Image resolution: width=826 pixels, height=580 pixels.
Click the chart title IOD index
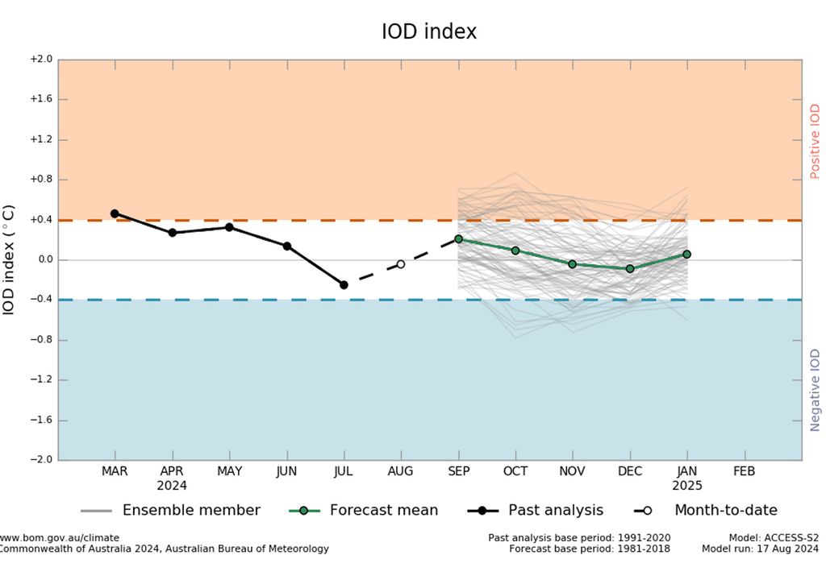click(429, 32)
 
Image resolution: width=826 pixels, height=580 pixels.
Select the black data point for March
click(115, 213)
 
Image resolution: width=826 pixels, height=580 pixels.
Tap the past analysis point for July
click(344, 285)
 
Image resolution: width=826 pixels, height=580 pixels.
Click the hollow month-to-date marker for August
click(401, 264)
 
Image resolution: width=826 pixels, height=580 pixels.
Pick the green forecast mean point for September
click(458, 239)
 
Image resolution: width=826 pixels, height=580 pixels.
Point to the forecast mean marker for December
click(630, 268)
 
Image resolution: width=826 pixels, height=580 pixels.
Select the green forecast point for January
click(687, 254)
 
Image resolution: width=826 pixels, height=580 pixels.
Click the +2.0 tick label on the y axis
click(41, 60)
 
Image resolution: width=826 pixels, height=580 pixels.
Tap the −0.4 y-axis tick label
click(41, 300)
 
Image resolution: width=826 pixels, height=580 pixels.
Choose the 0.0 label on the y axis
click(44, 260)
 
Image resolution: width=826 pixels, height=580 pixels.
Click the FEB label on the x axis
click(744, 471)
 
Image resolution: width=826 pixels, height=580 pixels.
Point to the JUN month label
click(286, 471)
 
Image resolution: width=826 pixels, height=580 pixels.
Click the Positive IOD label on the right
click(815, 141)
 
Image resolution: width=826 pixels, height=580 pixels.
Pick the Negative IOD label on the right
click(815, 389)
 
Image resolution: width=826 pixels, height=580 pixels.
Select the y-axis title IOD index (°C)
click(9, 259)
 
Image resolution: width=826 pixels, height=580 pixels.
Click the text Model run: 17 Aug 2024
click(760, 549)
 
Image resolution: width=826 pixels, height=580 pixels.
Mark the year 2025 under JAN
click(687, 486)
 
